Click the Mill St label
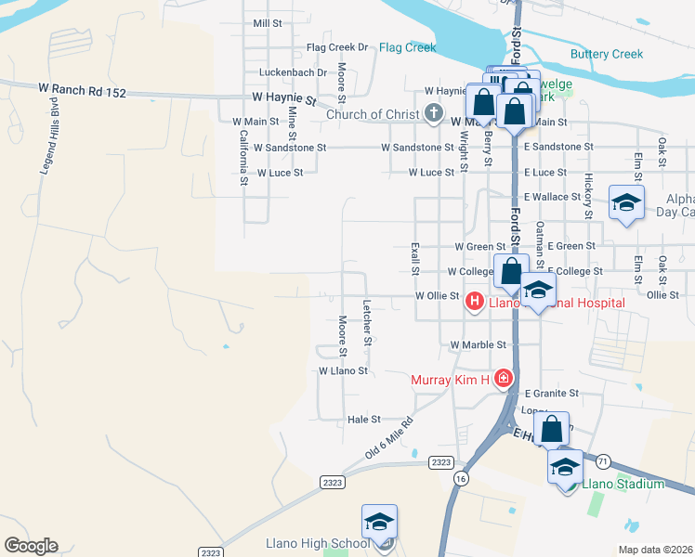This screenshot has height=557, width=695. (x=267, y=22)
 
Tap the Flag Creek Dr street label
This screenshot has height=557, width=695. (x=337, y=47)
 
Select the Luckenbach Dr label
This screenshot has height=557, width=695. (x=295, y=72)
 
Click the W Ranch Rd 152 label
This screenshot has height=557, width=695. (x=82, y=89)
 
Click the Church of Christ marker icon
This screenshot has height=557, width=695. (x=433, y=114)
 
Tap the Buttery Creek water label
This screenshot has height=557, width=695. (x=607, y=54)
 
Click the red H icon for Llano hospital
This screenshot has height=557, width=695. (x=474, y=301)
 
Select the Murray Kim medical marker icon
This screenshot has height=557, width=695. (x=504, y=378)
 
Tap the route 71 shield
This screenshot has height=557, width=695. (x=604, y=460)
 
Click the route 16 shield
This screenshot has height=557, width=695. (x=461, y=477)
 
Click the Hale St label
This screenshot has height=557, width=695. (x=363, y=420)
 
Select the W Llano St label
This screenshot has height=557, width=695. (x=344, y=370)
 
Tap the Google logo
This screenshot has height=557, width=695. (x=31, y=545)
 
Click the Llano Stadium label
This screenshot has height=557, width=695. (x=623, y=484)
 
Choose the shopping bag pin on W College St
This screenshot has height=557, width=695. (x=511, y=272)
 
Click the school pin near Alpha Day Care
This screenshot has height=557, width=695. (x=626, y=203)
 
